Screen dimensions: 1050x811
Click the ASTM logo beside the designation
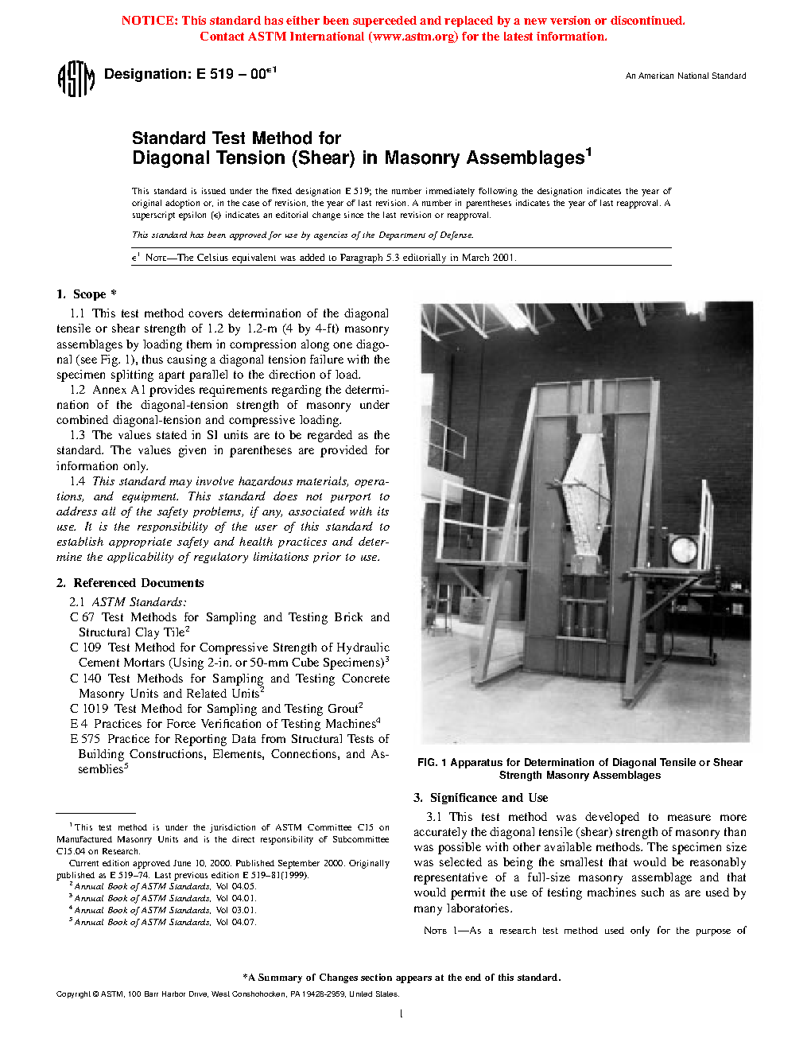tap(76, 79)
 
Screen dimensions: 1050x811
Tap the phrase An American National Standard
tap(685, 76)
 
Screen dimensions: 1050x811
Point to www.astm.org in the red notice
tap(413, 37)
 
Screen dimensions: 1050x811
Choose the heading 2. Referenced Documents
tap(130, 583)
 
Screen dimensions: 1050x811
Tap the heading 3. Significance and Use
tap(480, 798)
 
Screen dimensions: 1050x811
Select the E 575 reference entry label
tap(85, 739)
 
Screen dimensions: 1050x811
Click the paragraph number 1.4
tap(77, 481)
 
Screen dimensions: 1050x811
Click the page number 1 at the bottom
tap(401, 1013)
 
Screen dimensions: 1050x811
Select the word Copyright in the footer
tap(73, 994)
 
